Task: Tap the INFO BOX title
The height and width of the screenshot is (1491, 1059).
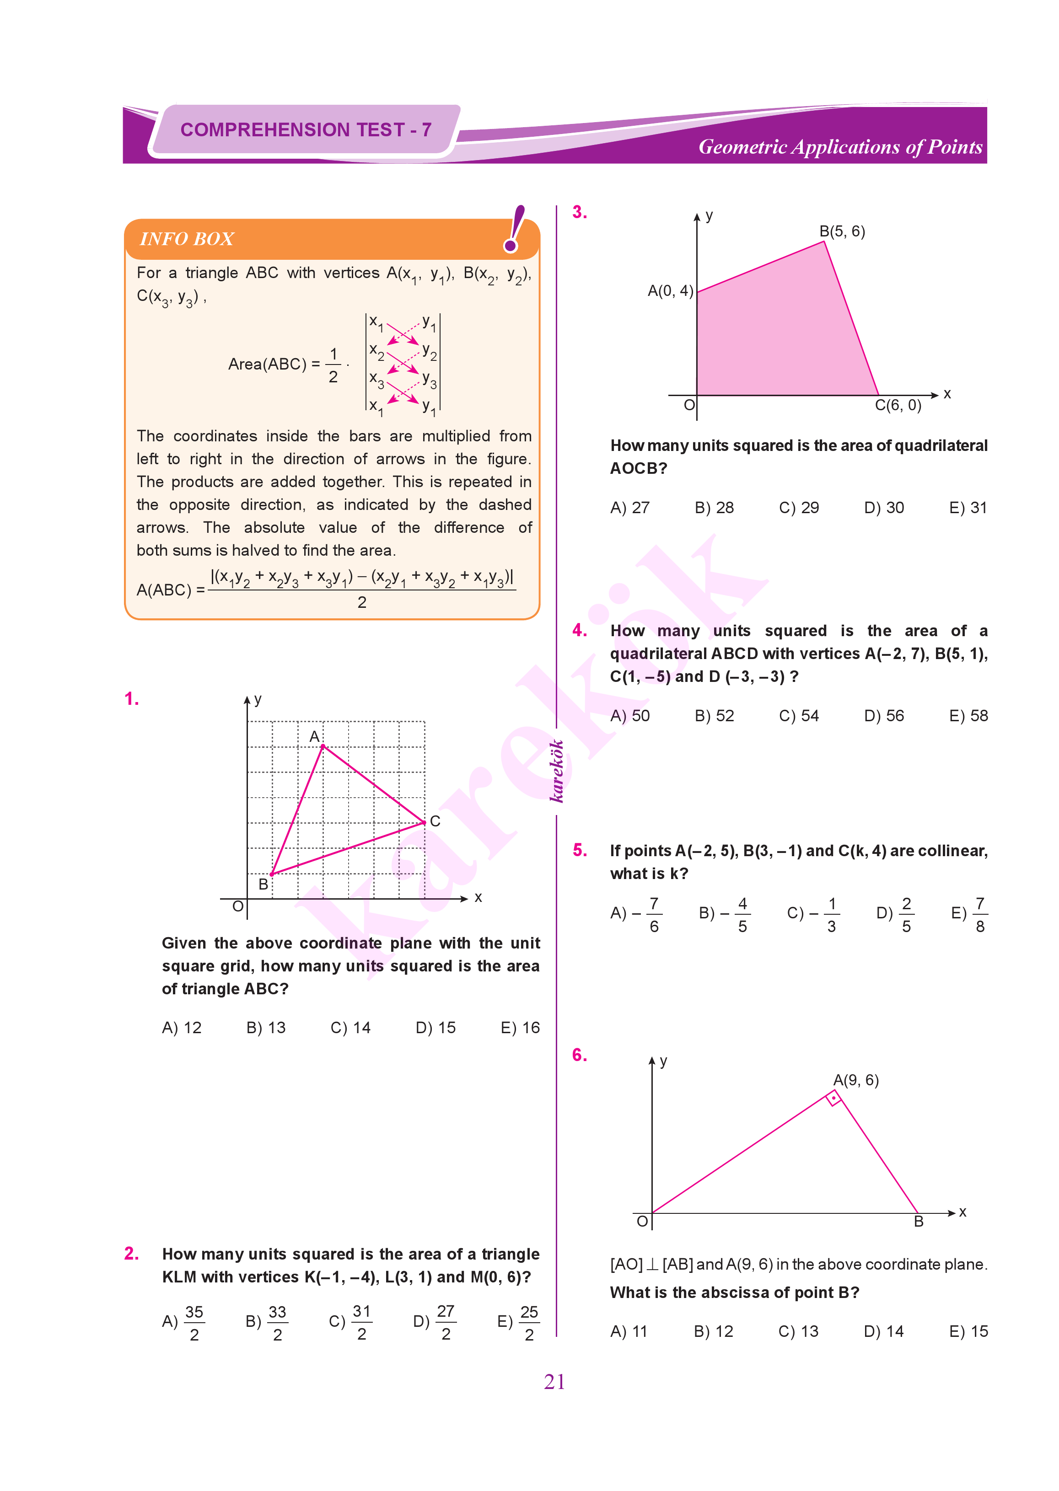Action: pyautogui.click(x=187, y=239)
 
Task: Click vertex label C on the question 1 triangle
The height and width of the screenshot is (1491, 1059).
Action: pyautogui.click(x=435, y=821)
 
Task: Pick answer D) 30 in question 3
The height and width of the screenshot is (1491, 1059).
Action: pyautogui.click(x=884, y=507)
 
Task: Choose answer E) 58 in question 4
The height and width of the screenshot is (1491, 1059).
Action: pyautogui.click(x=968, y=715)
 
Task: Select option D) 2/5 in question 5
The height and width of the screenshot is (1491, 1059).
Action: pyautogui.click(x=895, y=914)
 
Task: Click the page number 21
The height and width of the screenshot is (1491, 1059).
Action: pyautogui.click(x=554, y=1382)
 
